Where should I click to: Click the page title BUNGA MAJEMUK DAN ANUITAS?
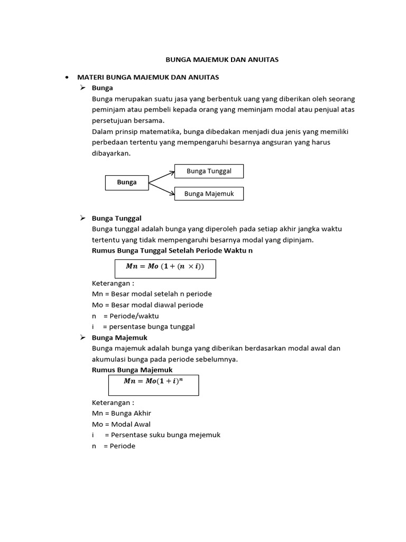[218, 60]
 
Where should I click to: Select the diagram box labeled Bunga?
[127, 182]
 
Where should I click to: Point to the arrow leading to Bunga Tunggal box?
[162, 176]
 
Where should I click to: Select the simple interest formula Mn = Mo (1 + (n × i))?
[164, 267]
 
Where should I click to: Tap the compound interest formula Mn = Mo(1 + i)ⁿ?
[154, 381]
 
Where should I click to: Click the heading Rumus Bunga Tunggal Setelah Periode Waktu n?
[172, 250]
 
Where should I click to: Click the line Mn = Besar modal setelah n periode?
[152, 294]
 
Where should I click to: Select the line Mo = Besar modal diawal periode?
[147, 305]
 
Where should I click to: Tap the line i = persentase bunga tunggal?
[143, 327]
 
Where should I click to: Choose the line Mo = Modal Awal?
[121, 424]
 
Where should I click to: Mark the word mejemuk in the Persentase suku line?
[204, 435]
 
